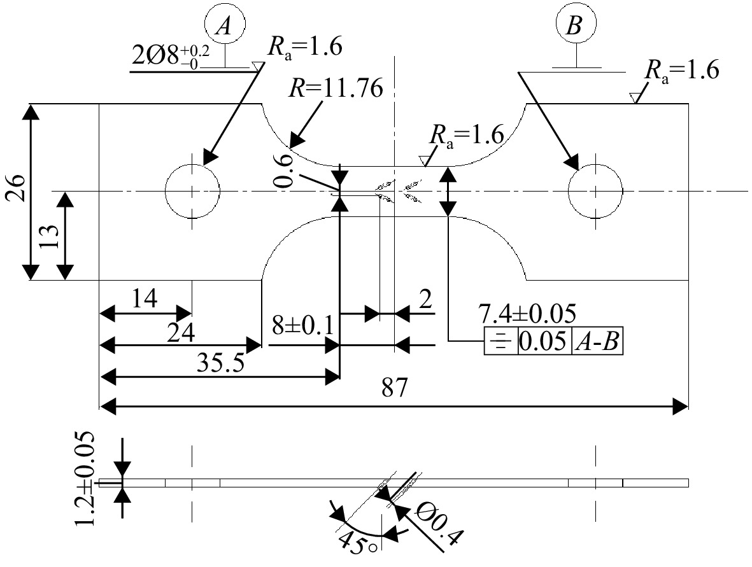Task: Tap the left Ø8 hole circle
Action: click(x=166, y=191)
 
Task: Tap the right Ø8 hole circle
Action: click(x=569, y=191)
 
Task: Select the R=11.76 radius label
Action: click(x=336, y=88)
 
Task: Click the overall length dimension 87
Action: click(x=394, y=388)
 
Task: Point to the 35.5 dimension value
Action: click(x=220, y=363)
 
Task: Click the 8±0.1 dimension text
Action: click(x=302, y=326)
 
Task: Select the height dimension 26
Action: click(x=15, y=188)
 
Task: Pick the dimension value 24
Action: click(x=181, y=332)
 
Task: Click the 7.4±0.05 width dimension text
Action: click(x=527, y=314)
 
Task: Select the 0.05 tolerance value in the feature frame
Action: click(x=544, y=342)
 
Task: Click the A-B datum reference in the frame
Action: click(x=597, y=342)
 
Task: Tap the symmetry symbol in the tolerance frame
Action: click(x=501, y=342)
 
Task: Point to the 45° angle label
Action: click(x=358, y=543)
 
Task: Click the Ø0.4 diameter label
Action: click(x=439, y=524)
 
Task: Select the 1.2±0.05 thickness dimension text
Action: click(x=85, y=479)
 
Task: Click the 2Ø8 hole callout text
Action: click(x=171, y=56)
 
